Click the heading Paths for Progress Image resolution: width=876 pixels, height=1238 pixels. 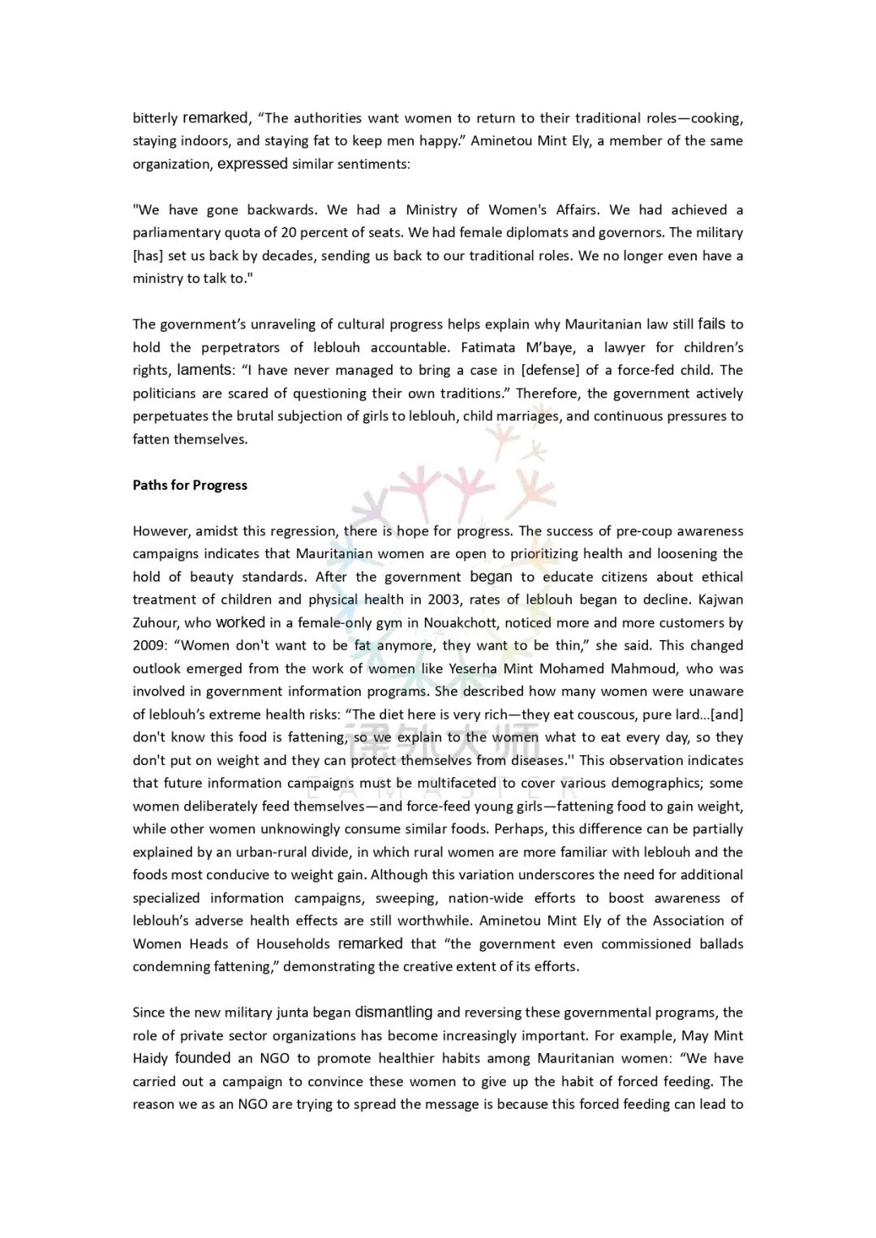click(x=190, y=485)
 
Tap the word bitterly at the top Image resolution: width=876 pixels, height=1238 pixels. click(x=155, y=118)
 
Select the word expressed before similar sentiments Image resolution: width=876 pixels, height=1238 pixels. click(x=252, y=164)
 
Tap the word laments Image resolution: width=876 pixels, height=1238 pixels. click(x=204, y=370)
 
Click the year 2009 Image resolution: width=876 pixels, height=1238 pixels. click(x=148, y=646)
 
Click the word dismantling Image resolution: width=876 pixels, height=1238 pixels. click(x=393, y=1012)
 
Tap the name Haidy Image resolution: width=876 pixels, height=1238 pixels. click(x=150, y=1059)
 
